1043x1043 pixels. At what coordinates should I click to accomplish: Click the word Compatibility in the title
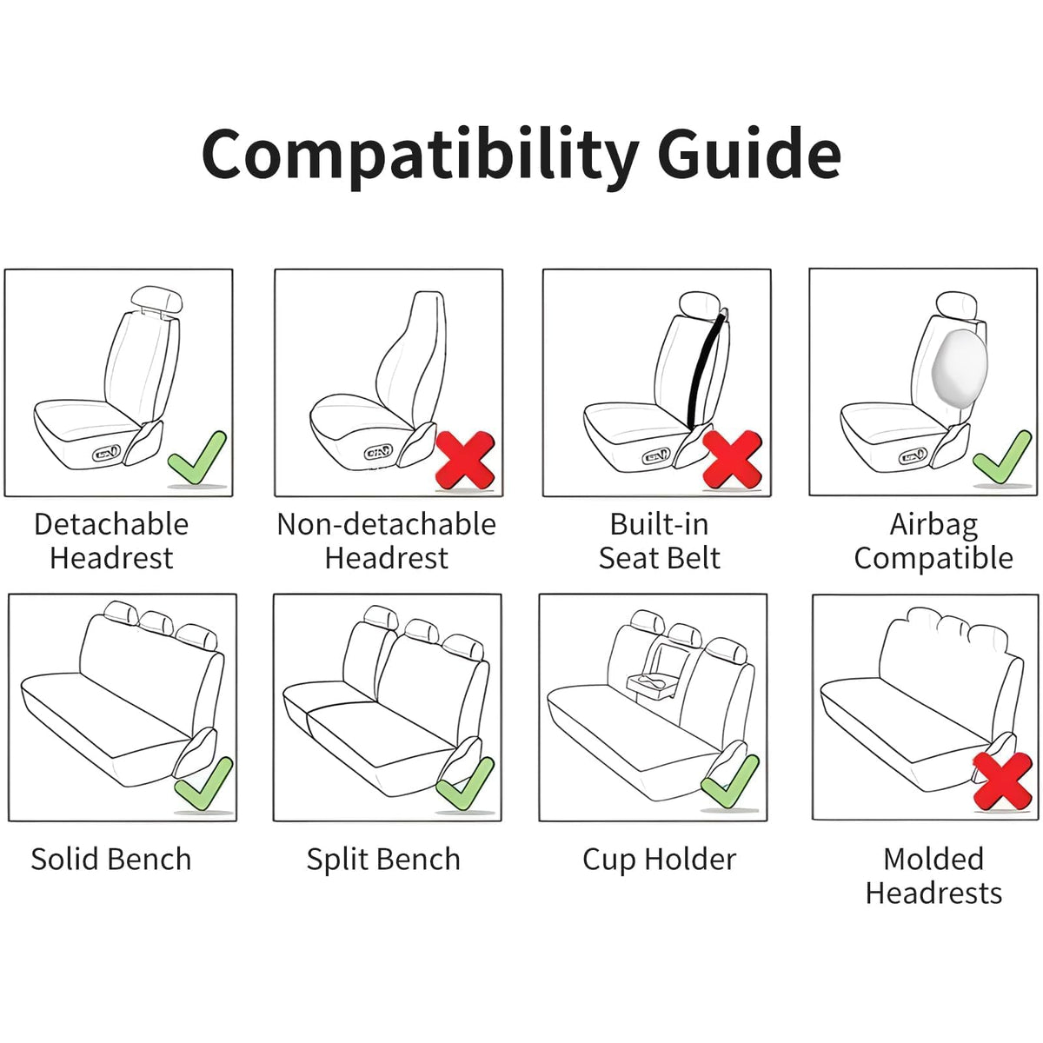click(x=419, y=157)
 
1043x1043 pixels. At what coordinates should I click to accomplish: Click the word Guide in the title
click(x=752, y=153)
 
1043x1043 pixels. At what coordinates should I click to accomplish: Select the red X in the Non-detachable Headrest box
click(x=465, y=460)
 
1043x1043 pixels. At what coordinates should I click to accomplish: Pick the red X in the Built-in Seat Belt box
click(x=733, y=460)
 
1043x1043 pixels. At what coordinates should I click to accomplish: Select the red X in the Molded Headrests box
click(x=1002, y=781)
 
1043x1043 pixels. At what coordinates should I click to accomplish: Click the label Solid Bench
click(x=111, y=860)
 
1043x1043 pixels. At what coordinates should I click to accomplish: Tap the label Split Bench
click(x=383, y=860)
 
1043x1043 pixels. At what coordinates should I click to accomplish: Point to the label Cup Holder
click(x=659, y=860)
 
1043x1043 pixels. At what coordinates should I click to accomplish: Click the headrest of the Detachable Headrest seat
click(x=156, y=299)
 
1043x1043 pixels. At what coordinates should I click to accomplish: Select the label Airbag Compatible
click(x=933, y=541)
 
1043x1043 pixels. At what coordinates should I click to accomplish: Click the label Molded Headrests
click(x=933, y=877)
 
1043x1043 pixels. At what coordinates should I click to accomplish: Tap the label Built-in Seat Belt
click(x=659, y=541)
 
